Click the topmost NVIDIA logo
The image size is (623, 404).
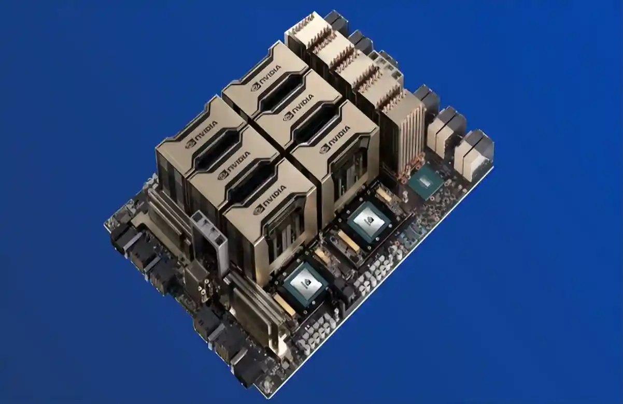(x=266, y=78)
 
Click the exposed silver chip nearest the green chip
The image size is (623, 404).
(x=370, y=221)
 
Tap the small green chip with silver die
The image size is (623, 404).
(x=425, y=182)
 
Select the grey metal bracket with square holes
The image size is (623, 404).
(x=209, y=242)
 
